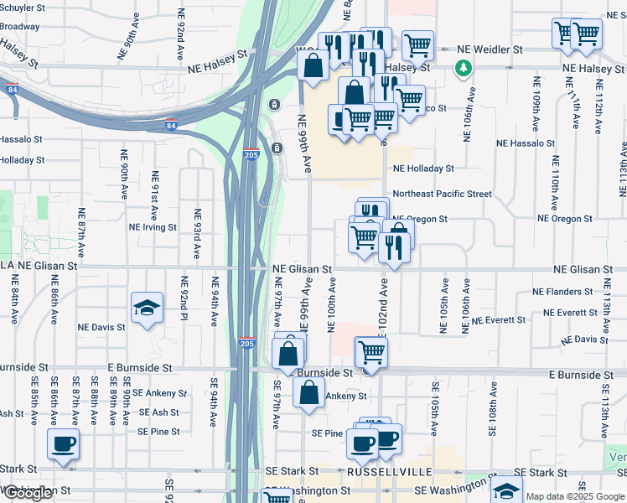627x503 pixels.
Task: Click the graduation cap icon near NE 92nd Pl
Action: coord(147,308)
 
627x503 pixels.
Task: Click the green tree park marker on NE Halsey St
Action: coord(461,67)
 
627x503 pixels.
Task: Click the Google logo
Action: coord(28,492)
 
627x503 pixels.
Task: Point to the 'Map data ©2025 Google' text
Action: coord(575,496)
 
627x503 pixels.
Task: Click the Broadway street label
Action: coord(19,27)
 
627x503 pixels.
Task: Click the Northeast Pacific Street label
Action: coord(442,194)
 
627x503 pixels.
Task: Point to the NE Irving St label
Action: coord(153,227)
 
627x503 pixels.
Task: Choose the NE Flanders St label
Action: coord(563,292)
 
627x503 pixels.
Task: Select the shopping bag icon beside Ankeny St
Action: coord(308,392)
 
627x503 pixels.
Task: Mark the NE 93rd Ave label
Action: coord(198,233)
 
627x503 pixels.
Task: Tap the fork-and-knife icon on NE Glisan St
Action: coord(391,246)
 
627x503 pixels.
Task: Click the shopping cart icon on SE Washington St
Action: coord(277,496)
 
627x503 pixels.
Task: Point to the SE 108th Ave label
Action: coord(494,407)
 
